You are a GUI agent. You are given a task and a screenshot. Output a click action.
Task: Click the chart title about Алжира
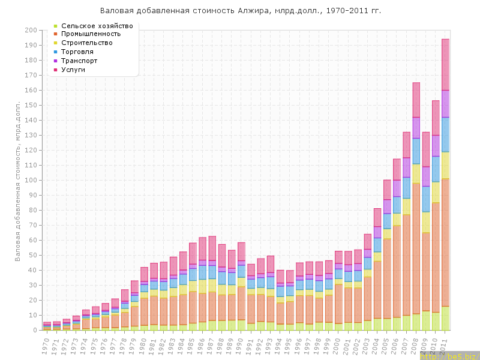[x=240, y=11]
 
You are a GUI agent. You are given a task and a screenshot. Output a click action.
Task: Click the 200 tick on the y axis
[x=31, y=30]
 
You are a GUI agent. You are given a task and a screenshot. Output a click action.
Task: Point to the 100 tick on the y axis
[x=31, y=180]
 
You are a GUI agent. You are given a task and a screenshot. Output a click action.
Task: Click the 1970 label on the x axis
[x=46, y=345]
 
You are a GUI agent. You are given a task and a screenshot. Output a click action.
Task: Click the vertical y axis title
[x=18, y=180]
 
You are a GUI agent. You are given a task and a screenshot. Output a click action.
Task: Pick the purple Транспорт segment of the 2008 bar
[x=416, y=128]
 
